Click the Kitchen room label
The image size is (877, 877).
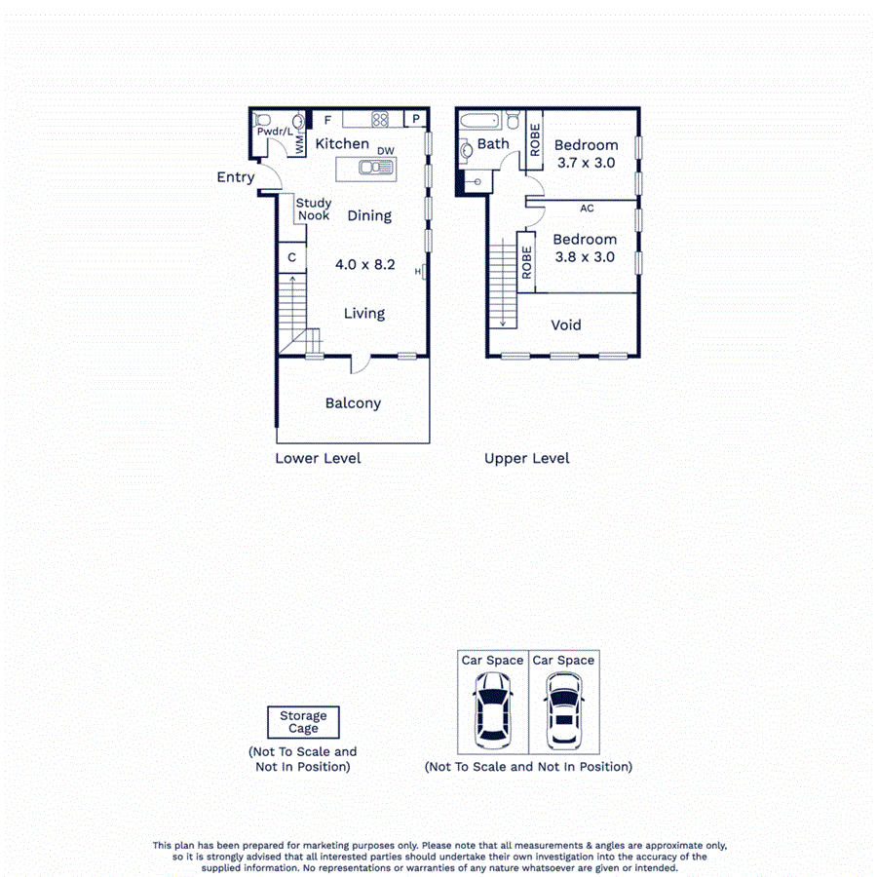tap(342, 144)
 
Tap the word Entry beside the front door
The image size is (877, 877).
tap(236, 177)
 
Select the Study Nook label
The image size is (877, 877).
tap(314, 210)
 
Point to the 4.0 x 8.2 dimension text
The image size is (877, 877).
tap(364, 264)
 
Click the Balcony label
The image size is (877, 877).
tap(353, 403)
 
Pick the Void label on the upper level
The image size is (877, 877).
tap(566, 324)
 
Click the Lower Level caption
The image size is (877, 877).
tap(318, 458)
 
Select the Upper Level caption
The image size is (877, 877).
tap(527, 458)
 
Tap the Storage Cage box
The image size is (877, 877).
tap(303, 722)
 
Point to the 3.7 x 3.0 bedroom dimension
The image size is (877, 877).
tap(586, 164)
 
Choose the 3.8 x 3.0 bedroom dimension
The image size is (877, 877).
tap(585, 257)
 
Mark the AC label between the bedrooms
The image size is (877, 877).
tap(587, 209)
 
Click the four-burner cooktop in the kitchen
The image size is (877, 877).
tap(380, 121)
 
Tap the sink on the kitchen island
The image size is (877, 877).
tap(375, 168)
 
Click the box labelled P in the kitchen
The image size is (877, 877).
tap(415, 120)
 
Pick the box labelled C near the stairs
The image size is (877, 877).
tap(291, 258)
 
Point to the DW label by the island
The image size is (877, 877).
tap(386, 151)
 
